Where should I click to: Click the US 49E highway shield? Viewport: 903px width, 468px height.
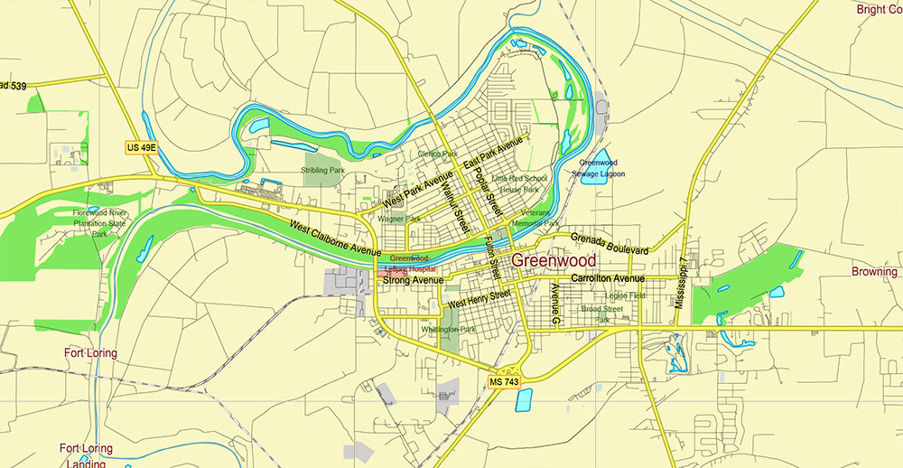(140, 147)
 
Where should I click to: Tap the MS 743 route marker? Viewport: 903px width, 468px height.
(504, 382)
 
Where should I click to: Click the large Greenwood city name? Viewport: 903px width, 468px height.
(554, 261)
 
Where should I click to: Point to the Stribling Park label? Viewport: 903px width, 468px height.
(322, 170)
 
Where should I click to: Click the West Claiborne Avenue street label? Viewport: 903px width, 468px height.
(335, 237)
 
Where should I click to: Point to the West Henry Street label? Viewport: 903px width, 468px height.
(479, 297)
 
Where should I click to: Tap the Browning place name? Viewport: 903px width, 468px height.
(874, 271)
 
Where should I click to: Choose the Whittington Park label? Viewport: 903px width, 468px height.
(448, 330)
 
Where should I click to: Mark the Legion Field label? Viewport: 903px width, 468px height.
(626, 295)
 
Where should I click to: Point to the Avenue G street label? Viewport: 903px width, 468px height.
(555, 304)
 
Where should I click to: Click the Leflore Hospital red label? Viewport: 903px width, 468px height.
(410, 269)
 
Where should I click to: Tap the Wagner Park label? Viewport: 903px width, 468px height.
(399, 219)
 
